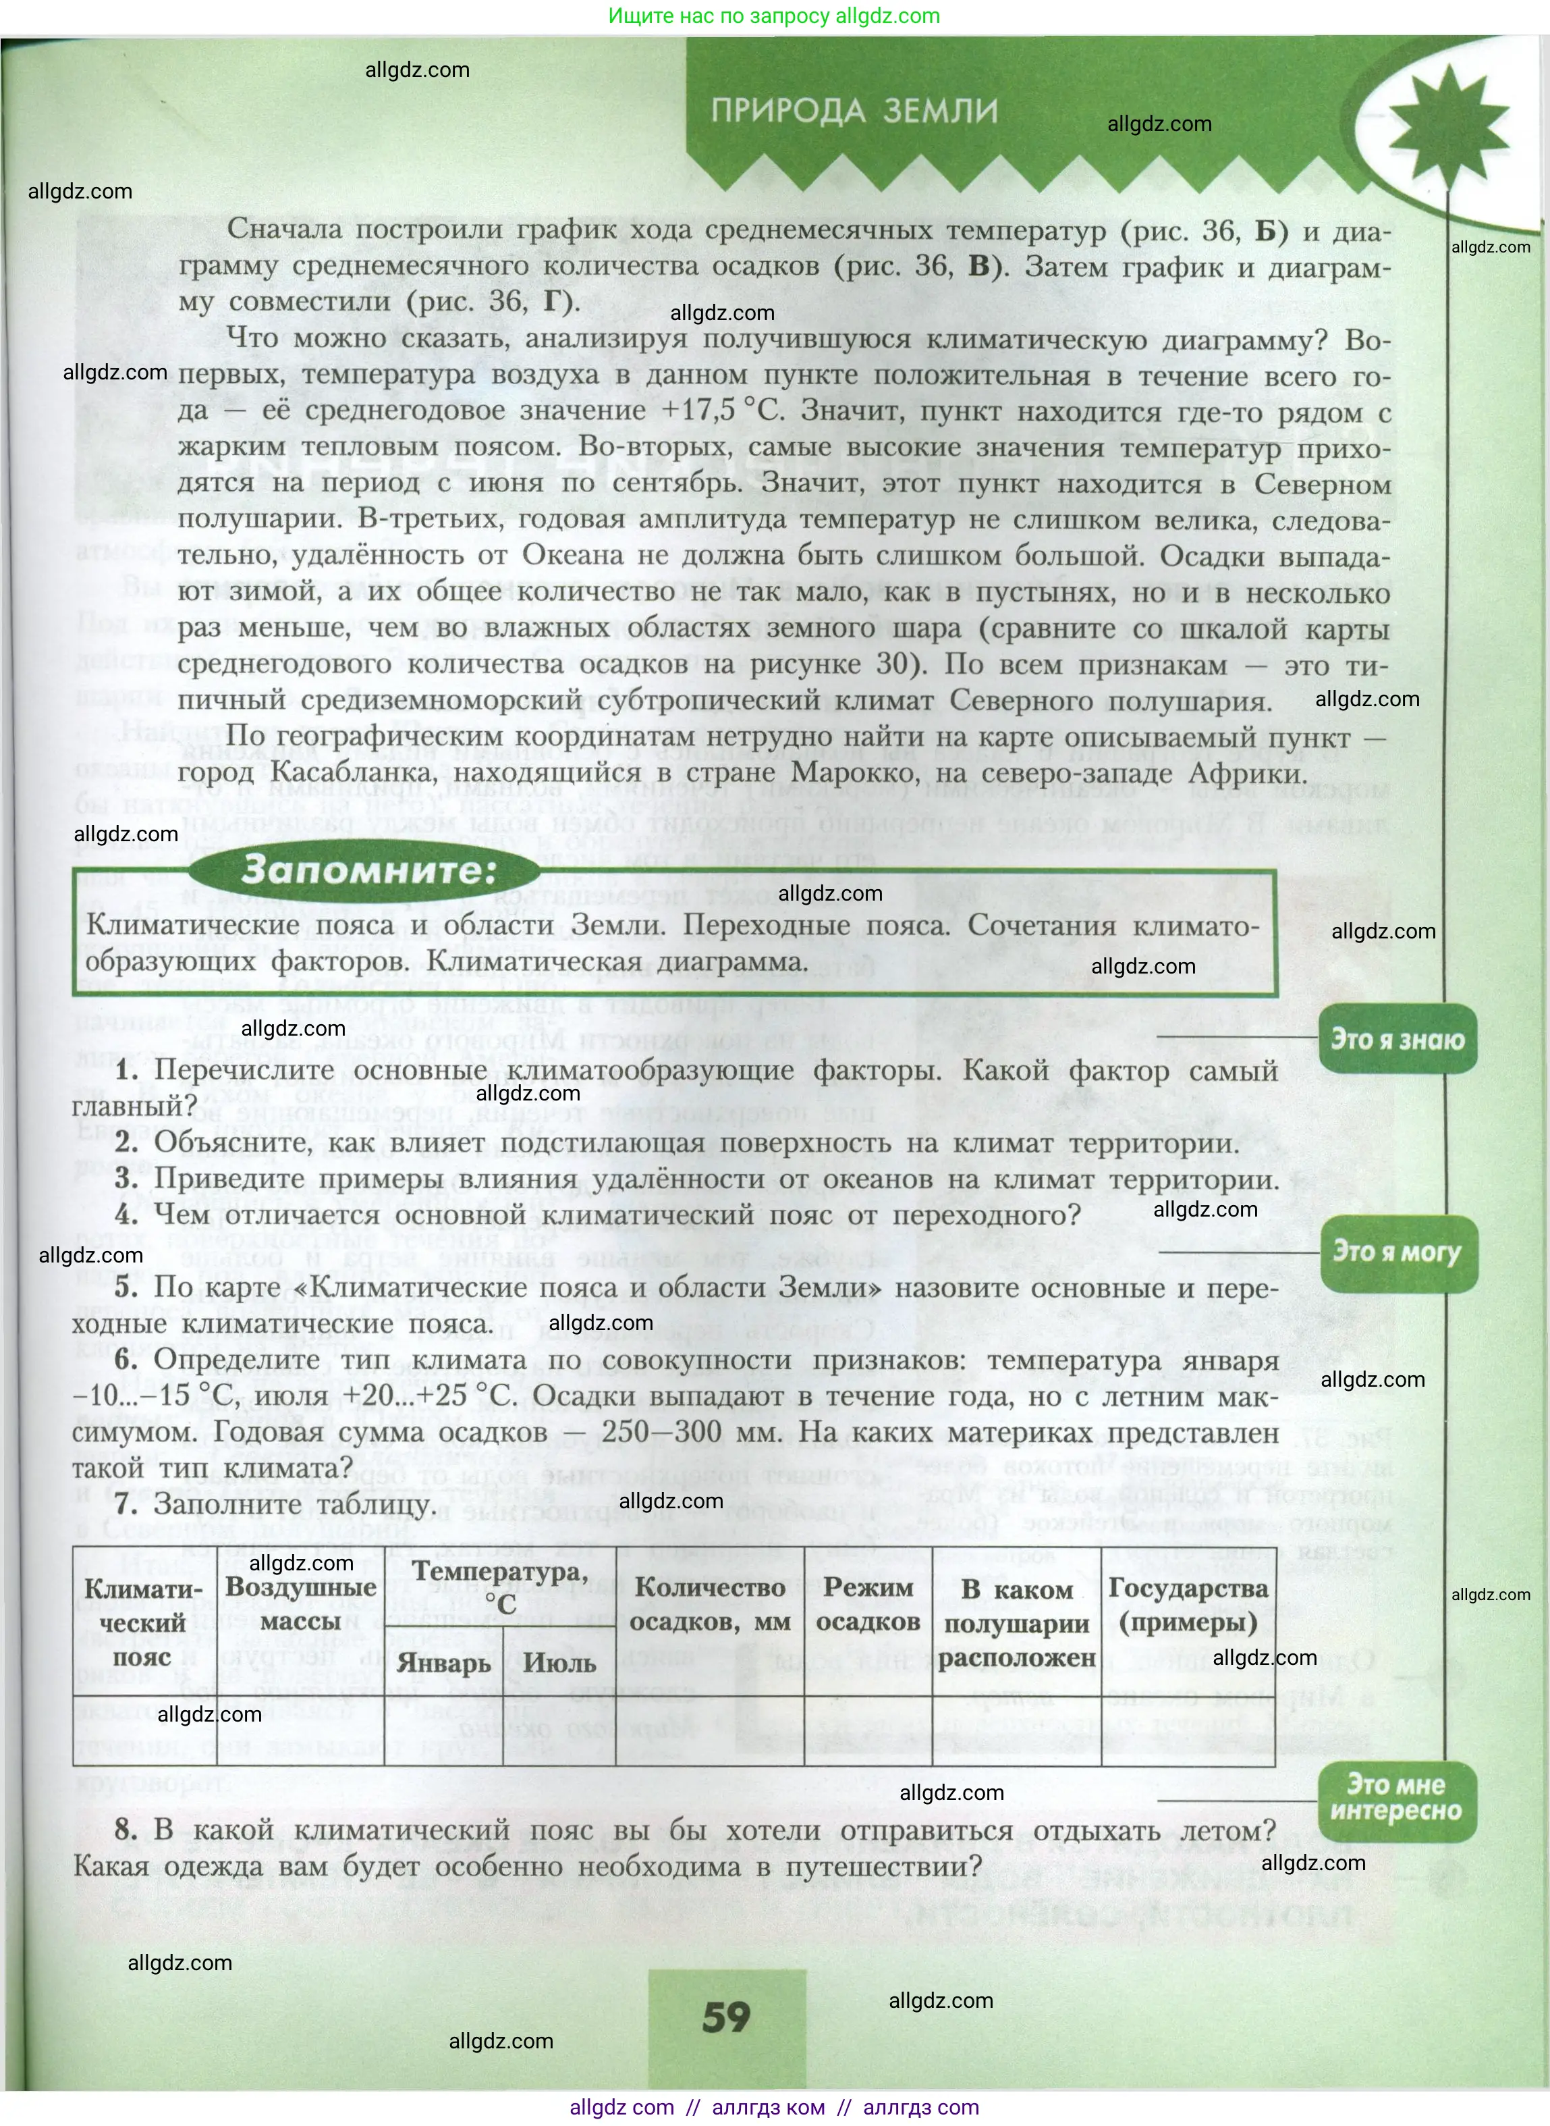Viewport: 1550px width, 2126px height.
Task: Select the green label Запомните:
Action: (x=368, y=870)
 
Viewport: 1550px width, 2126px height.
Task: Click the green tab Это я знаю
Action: (x=1397, y=1040)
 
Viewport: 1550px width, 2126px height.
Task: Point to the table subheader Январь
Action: (x=443, y=1664)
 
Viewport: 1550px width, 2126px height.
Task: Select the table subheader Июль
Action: (x=559, y=1664)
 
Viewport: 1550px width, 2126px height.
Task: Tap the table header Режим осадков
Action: (x=868, y=1604)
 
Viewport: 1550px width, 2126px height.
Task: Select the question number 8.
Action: (x=127, y=1830)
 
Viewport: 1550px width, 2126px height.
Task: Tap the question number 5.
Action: (x=127, y=1287)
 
